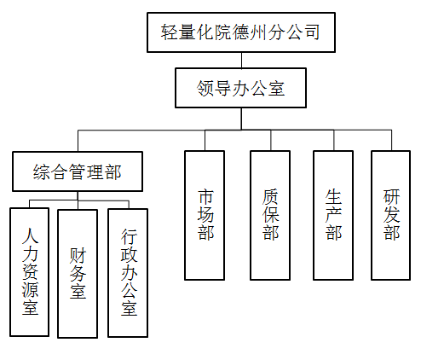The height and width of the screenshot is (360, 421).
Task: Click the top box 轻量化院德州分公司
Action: [x=241, y=32]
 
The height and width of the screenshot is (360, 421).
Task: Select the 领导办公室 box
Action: [x=240, y=88]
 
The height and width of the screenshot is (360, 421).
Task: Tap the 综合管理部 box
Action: [x=78, y=171]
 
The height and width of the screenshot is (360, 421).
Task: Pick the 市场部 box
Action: [x=205, y=215]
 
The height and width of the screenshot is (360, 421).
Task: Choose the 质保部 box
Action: [x=270, y=215]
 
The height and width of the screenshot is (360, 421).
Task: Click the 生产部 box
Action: [x=333, y=215]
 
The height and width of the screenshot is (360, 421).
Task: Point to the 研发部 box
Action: [x=391, y=215]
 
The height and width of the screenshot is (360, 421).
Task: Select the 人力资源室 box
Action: [x=30, y=272]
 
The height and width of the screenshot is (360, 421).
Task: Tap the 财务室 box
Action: [x=78, y=274]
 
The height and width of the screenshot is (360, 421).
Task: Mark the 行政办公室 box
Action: [x=128, y=273]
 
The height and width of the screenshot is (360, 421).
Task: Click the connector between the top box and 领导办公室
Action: [x=241, y=61]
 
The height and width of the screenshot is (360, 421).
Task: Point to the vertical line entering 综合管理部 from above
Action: [x=78, y=141]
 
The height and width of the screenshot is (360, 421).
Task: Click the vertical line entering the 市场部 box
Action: [x=205, y=140]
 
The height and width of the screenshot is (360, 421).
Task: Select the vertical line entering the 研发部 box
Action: [x=392, y=140]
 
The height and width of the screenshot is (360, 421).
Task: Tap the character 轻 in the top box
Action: [x=170, y=32]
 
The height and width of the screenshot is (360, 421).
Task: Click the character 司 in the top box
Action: [x=312, y=32]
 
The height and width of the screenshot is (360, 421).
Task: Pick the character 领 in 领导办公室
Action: [x=205, y=88]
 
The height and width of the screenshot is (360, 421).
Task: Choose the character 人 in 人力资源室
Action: [x=30, y=235]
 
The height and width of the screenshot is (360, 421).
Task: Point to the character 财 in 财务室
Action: [x=78, y=255]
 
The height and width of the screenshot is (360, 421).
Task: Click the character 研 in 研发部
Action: [x=391, y=197]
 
